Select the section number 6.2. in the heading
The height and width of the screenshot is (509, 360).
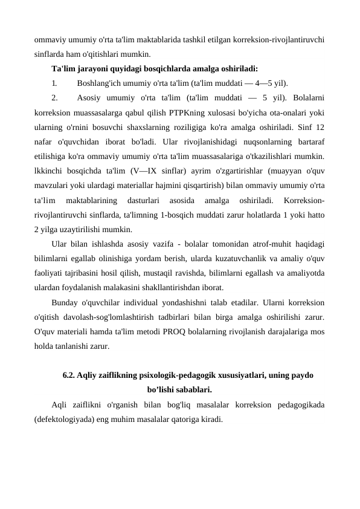pos(71,375)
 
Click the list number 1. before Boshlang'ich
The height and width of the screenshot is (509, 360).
pos(54,83)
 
